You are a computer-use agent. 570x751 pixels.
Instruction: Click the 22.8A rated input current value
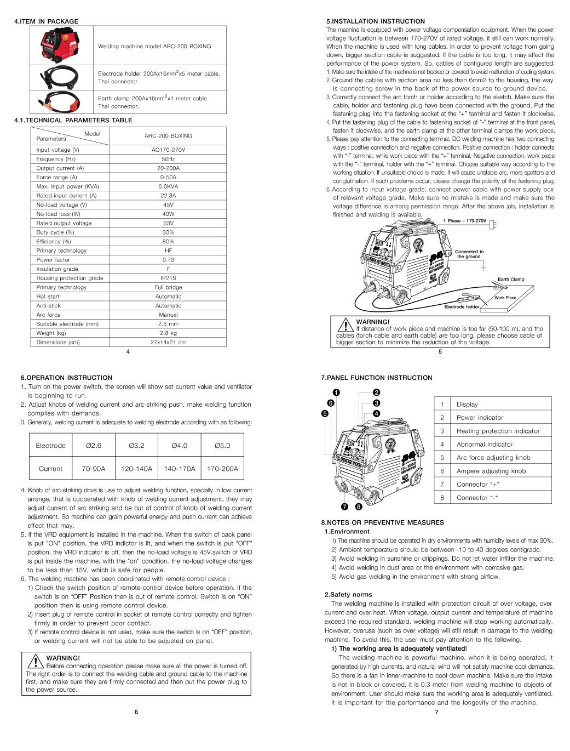[168, 196]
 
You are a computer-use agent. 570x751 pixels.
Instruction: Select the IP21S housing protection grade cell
[168, 278]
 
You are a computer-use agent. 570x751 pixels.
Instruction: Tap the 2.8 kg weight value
[168, 333]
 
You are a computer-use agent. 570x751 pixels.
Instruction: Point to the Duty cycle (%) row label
[55, 232]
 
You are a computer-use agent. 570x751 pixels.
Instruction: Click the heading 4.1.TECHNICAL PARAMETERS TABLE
[73, 120]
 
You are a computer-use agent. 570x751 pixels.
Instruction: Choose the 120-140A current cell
[137, 469]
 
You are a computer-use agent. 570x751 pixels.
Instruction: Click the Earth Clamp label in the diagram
[510, 280]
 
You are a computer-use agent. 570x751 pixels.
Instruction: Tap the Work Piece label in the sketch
[505, 298]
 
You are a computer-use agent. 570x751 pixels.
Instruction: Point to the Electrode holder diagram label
[461, 307]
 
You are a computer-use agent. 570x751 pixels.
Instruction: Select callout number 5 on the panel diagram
[325, 414]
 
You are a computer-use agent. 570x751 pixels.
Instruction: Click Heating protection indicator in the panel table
[498, 431]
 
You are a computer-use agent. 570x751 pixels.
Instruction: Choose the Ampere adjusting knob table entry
[491, 471]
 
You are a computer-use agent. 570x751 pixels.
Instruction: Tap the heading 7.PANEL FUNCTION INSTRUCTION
[376, 378]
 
